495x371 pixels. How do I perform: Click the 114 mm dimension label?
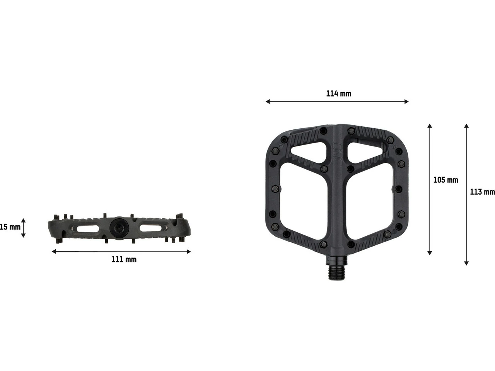338,94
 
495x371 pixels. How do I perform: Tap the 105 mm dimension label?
445,180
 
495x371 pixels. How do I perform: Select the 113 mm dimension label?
482,192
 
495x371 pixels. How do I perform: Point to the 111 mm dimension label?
124,259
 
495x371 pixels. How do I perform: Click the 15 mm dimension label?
10,227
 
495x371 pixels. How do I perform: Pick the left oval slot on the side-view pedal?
88,229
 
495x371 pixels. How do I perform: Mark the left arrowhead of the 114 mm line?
267,102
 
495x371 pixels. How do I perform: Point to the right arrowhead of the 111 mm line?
189,252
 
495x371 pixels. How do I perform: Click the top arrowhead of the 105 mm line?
429,126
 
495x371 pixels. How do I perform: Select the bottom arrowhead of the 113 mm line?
466,263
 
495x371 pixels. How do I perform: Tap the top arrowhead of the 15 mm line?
23,220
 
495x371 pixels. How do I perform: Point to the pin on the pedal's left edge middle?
275,189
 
